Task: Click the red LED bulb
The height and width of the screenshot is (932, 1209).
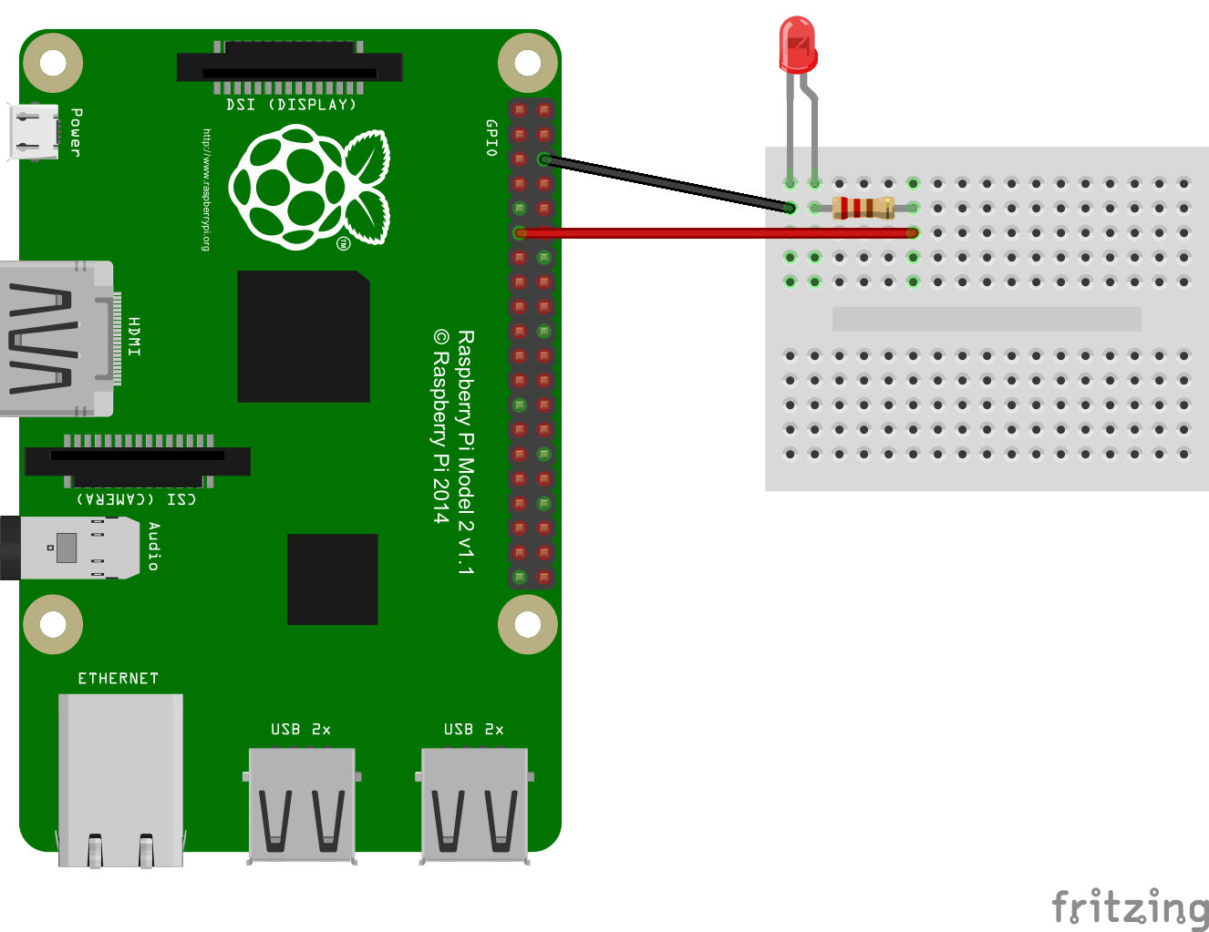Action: point(798,45)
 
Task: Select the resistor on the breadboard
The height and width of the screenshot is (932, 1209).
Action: point(863,208)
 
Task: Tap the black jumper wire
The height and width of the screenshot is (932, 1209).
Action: point(667,184)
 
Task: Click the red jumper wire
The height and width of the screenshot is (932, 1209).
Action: point(716,233)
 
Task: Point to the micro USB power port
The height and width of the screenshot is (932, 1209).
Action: point(34,132)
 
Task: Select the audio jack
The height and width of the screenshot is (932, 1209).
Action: point(69,548)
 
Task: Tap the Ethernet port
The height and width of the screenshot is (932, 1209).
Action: point(120,780)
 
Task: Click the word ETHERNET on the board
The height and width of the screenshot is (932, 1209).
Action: point(118,679)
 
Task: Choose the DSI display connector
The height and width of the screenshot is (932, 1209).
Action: point(289,67)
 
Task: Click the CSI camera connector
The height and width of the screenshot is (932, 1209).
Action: point(138,461)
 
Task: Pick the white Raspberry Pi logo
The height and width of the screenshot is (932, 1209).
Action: point(309,187)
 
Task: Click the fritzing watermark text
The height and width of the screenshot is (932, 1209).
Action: point(1130,907)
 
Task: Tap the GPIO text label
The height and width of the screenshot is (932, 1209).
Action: point(491,138)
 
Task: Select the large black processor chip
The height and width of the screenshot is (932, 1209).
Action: point(304,336)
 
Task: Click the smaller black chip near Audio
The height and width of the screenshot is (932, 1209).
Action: point(332,579)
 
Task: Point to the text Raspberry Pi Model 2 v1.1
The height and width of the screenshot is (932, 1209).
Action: point(466,452)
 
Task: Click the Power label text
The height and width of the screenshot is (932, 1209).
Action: point(77,132)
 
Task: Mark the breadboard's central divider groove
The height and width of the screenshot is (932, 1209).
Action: point(987,319)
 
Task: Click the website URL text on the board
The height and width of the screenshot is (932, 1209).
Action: point(206,190)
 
